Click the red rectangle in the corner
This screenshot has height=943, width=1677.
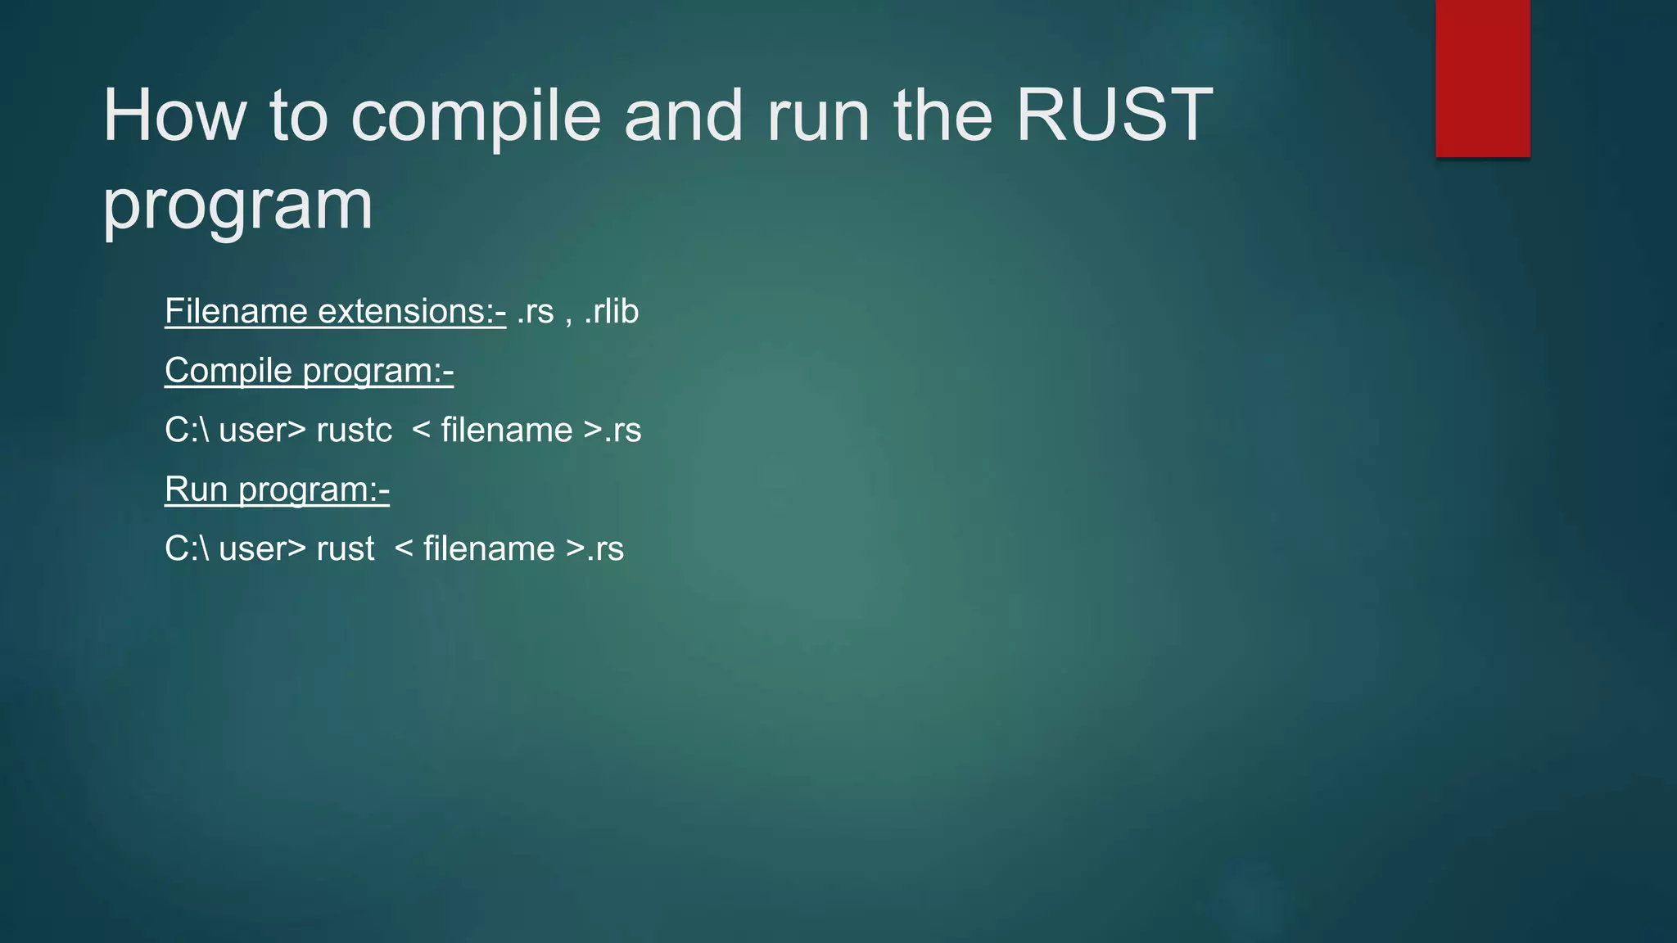(x=1482, y=78)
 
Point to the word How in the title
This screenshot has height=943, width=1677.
(x=174, y=115)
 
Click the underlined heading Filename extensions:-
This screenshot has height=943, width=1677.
(x=335, y=312)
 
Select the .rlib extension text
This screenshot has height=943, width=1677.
(x=611, y=312)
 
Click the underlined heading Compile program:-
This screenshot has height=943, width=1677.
(x=309, y=371)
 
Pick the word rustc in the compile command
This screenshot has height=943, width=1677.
(x=354, y=431)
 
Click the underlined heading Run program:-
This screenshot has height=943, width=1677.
(x=277, y=490)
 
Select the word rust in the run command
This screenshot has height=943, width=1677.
(x=345, y=549)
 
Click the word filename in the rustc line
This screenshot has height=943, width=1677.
(x=506, y=431)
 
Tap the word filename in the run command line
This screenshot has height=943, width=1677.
(x=489, y=549)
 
